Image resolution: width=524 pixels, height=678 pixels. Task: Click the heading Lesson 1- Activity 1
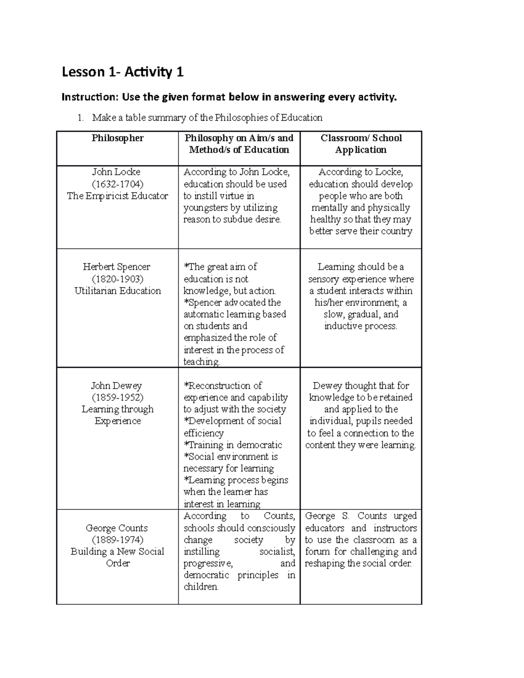(x=122, y=72)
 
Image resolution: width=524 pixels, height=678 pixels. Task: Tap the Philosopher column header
(x=117, y=138)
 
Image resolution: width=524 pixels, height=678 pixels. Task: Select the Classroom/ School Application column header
(x=361, y=144)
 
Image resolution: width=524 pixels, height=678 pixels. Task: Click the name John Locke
(x=116, y=172)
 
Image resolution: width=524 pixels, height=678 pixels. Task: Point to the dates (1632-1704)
(x=117, y=184)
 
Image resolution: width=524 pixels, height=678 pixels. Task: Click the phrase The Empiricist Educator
(x=117, y=196)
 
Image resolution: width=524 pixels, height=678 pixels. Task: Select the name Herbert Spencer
(x=117, y=267)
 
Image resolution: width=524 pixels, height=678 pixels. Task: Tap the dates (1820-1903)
(x=117, y=279)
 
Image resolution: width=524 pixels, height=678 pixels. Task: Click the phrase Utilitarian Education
(x=117, y=291)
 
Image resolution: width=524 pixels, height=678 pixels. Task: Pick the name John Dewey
(x=116, y=385)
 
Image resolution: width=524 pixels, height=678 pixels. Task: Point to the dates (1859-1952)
(x=117, y=397)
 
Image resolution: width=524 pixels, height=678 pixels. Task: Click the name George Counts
(x=117, y=528)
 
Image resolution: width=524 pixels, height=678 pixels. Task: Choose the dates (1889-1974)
(x=117, y=540)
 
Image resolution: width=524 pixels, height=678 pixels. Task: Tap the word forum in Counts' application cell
(x=317, y=551)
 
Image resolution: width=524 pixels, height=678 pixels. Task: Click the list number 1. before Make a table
(x=80, y=118)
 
